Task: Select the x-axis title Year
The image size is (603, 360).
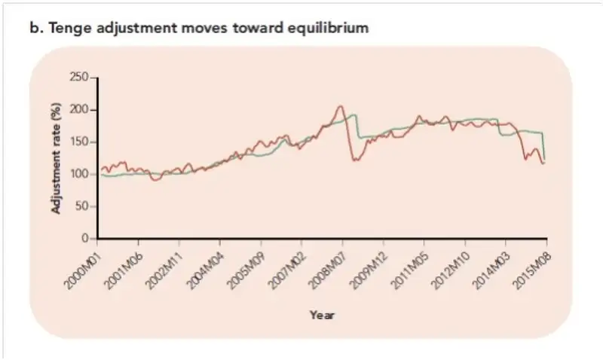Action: (322, 315)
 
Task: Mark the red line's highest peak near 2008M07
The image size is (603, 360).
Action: (341, 106)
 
